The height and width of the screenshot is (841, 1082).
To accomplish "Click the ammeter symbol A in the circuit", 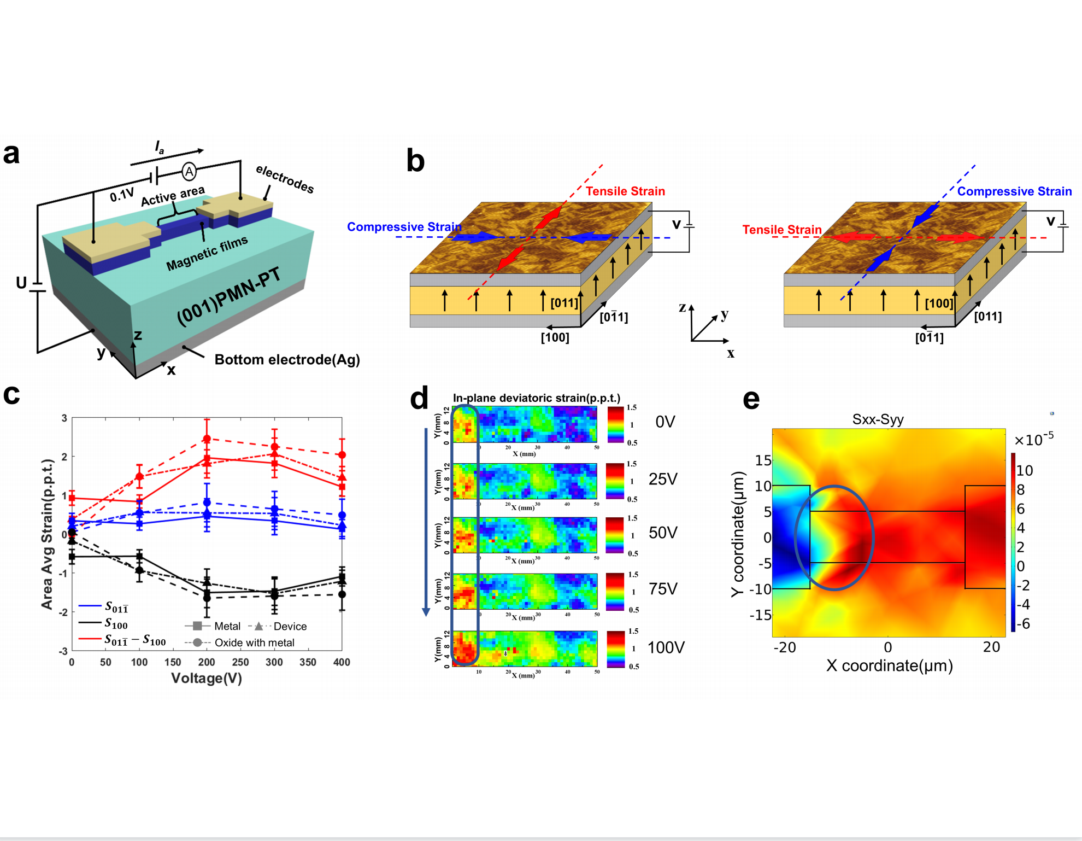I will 189,172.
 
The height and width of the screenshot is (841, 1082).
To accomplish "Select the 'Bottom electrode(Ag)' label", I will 287,360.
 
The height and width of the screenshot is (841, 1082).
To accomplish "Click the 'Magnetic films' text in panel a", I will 207,253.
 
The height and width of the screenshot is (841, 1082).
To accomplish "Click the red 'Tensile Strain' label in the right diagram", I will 781,230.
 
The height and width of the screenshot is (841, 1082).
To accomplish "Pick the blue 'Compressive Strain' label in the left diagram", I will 404,226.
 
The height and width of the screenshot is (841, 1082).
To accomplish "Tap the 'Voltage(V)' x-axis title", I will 207,678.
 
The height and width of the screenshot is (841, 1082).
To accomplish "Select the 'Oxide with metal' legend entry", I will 254,643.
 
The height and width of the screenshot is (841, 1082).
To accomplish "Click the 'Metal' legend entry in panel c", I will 227,626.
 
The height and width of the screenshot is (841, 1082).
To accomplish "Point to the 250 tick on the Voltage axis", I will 240,662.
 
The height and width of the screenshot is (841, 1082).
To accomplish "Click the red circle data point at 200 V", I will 207,439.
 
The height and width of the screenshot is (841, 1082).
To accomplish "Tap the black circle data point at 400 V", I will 342,594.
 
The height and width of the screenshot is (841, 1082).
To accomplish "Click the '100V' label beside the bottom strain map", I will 666,648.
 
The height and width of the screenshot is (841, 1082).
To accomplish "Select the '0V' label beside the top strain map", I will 665,422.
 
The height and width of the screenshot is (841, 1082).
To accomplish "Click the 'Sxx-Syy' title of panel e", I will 878,419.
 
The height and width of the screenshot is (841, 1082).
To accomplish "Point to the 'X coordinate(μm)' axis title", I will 889,665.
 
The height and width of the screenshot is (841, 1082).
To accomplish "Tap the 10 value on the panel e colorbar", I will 1025,470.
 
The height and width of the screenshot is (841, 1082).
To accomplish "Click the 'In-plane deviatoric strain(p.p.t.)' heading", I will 536,398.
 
